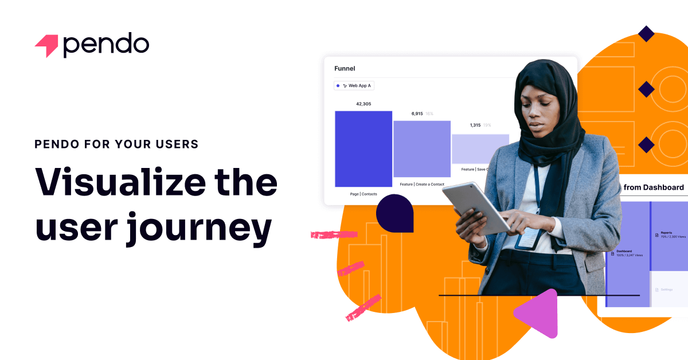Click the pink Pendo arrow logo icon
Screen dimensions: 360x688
[x=46, y=46]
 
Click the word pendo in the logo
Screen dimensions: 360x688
[x=106, y=45]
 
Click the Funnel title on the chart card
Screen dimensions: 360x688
[x=345, y=68]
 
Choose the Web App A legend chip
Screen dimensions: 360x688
[x=354, y=85]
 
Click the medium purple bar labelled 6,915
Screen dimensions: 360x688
[x=422, y=148]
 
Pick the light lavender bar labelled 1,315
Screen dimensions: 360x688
[x=479, y=148]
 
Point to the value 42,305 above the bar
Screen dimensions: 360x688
[x=363, y=104]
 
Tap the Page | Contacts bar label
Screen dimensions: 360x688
[x=363, y=194]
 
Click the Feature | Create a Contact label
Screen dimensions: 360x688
[x=422, y=184]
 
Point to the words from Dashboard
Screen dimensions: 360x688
[x=653, y=187]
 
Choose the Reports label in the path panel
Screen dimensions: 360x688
[x=667, y=233]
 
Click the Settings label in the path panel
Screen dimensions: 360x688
[x=666, y=289]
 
